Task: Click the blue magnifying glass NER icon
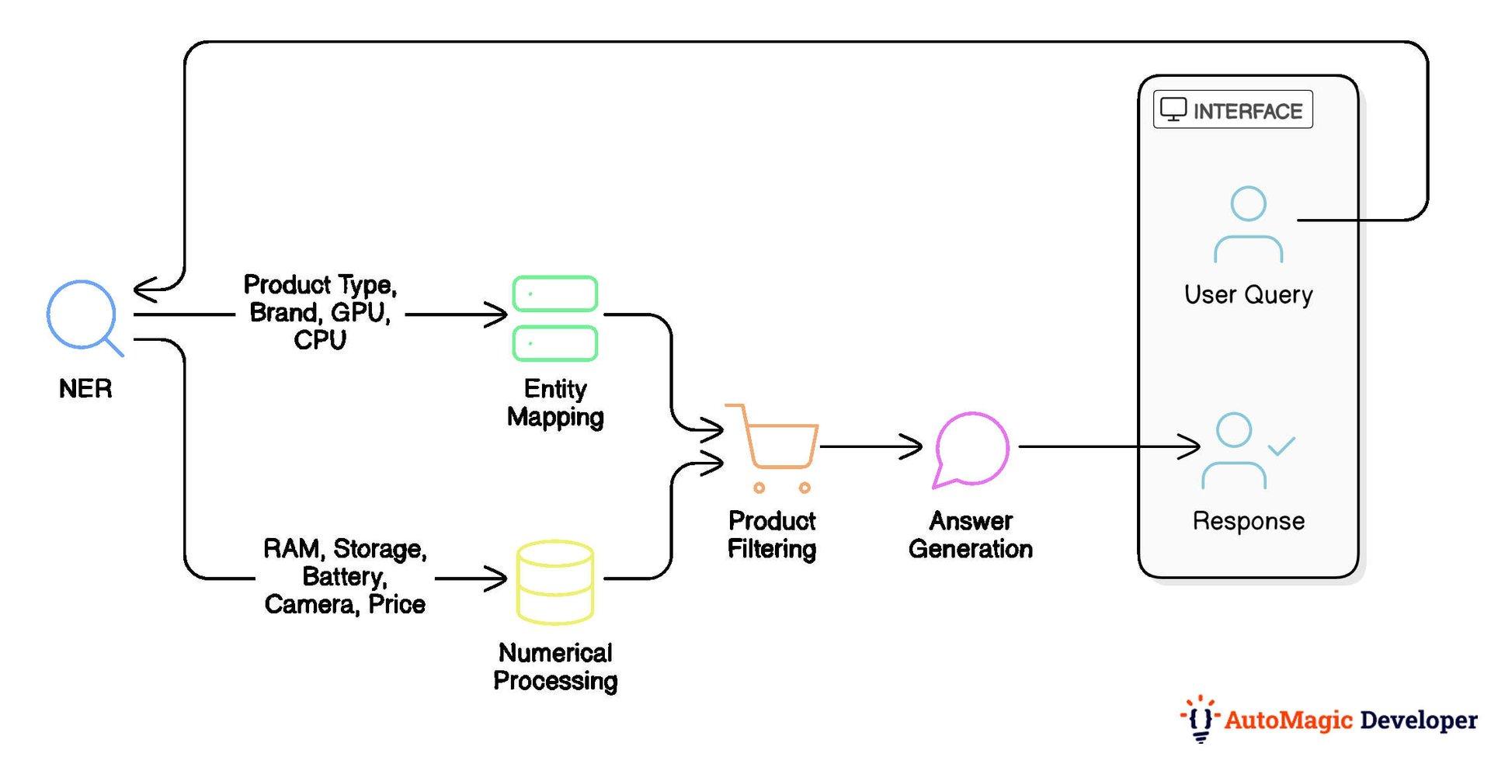click(x=82, y=316)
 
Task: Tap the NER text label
click(x=85, y=388)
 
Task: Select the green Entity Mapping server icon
click(x=554, y=318)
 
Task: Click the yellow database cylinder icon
click(x=554, y=582)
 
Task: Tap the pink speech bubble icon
click(x=971, y=449)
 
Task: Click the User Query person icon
click(x=1248, y=225)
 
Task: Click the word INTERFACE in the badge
click(x=1247, y=112)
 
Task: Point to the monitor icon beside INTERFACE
click(x=1173, y=109)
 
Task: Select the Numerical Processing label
click(x=555, y=666)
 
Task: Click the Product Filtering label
click(x=772, y=534)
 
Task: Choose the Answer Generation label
click(x=971, y=534)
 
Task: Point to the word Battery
click(x=343, y=576)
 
